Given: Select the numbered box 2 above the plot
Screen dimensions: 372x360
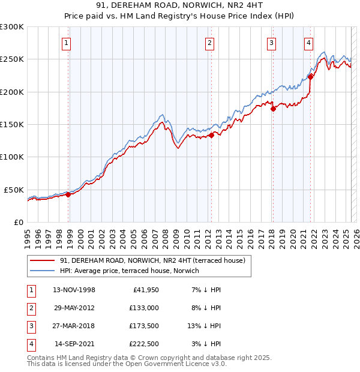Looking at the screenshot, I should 209,43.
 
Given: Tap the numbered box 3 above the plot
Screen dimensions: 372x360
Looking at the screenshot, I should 271,43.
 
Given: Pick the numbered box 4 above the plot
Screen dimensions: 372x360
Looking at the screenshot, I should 308,43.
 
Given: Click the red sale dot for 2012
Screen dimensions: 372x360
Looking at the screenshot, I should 212,136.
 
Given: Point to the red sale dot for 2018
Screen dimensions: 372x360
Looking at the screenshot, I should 273,109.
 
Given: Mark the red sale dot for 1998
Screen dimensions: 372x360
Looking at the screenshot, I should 68,194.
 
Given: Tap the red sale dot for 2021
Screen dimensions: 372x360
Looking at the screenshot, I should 311,76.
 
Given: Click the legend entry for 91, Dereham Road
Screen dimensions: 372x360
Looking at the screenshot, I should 152,260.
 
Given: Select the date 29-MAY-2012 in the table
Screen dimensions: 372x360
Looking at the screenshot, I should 74,308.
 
